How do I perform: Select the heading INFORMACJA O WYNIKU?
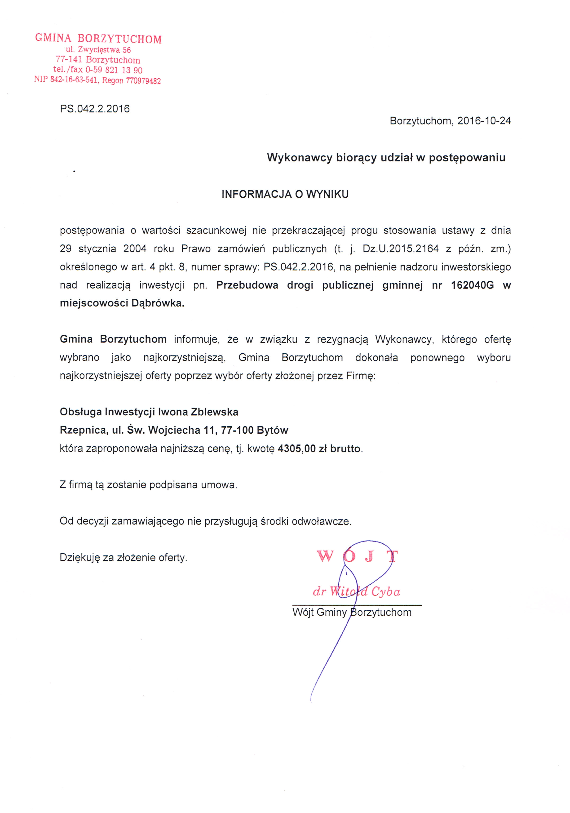tap(285, 194)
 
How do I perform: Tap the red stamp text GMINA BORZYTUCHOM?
tap(98, 39)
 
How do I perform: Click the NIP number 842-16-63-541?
tap(74, 80)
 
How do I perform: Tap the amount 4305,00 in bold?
tap(297, 449)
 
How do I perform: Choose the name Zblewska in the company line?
tap(215, 412)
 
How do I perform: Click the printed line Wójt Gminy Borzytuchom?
tap(352, 612)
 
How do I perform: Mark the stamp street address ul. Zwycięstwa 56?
tap(98, 50)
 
